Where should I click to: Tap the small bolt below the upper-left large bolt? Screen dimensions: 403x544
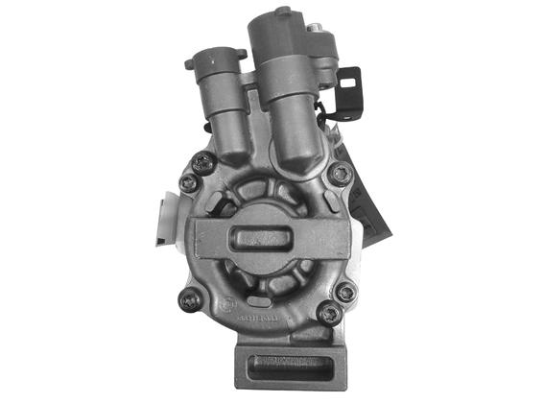click(x=191, y=181)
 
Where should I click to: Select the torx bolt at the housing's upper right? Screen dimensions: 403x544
click(x=341, y=173)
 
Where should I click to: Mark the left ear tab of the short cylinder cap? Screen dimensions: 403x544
click(x=190, y=63)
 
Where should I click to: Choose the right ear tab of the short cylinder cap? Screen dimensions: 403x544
click(x=240, y=65)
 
